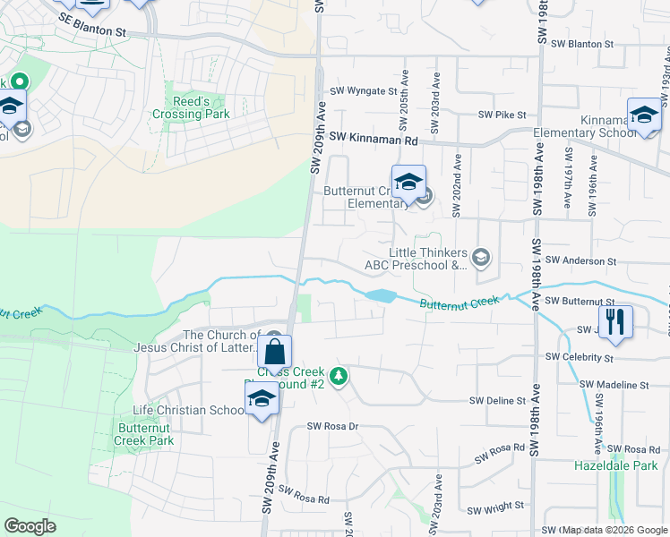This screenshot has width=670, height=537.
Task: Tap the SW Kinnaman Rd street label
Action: coord(374,139)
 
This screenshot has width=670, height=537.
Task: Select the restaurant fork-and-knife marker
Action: coord(614,321)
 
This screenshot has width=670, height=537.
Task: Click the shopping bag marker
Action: coord(274,351)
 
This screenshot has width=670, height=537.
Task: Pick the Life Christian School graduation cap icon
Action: coord(261,400)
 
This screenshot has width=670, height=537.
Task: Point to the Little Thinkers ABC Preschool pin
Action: coord(482,259)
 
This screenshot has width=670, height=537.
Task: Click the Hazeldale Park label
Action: coord(610,466)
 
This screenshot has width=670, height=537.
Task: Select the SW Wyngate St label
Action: coord(363,91)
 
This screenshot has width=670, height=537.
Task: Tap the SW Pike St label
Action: coord(502,115)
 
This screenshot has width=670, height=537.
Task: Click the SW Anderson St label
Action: coord(580,260)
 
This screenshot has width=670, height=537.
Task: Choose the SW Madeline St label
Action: coord(614,385)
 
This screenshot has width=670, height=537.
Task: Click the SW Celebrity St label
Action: coord(582,358)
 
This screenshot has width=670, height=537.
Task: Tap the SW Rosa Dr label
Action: coord(332,427)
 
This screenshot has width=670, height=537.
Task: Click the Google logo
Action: coord(30,526)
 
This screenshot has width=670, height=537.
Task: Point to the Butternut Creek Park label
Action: coord(145,434)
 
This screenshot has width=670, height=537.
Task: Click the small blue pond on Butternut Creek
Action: coord(379,295)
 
